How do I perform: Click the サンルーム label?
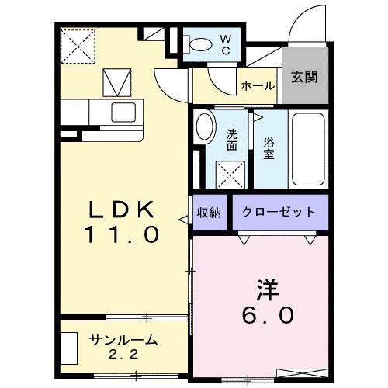coord(123,340)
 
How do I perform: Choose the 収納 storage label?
coord(209,212)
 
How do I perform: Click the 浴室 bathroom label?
coord(269,147)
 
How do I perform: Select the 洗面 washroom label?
coord(232,139)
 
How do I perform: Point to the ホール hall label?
coord(258,86)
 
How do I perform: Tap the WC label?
coord(225,44)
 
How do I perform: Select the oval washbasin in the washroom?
coord(206,126)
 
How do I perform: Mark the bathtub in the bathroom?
coord(308,147)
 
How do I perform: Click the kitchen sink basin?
coord(124,113)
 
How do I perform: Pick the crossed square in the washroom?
coord(230,171)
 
